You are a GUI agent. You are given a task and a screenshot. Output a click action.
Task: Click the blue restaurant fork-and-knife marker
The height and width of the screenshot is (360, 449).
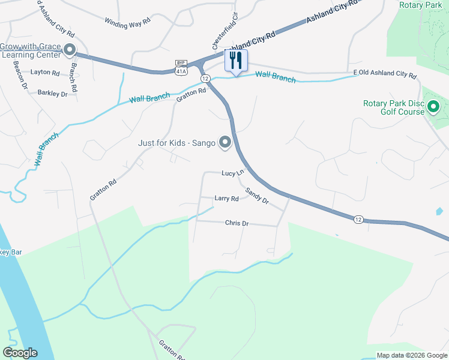point(236,61)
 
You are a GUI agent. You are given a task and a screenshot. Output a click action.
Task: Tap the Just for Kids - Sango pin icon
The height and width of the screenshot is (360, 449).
point(225,142)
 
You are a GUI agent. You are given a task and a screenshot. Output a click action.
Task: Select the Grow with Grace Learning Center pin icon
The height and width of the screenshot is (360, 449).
point(70,50)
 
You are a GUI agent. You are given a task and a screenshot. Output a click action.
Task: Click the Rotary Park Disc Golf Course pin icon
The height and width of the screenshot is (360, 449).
point(433,107)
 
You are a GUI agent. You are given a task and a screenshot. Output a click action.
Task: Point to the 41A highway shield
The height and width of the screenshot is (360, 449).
point(181,70)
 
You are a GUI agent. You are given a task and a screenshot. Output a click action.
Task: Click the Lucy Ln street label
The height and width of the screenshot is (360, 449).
point(233,173)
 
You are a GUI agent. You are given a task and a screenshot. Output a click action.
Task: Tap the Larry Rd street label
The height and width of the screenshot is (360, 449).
point(226,198)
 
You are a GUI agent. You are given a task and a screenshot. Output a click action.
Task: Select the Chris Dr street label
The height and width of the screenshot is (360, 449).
point(237,223)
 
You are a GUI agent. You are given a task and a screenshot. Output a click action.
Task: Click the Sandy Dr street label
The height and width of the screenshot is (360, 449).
point(257,195)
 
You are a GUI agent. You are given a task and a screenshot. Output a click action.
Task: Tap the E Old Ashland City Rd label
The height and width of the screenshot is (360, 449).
point(384,75)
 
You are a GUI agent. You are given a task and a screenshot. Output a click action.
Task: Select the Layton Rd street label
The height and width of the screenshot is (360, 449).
point(46,73)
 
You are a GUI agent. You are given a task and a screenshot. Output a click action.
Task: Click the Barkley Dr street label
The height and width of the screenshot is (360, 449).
point(52,93)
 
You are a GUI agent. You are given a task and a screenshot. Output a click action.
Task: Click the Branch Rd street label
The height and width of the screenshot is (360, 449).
point(74,77)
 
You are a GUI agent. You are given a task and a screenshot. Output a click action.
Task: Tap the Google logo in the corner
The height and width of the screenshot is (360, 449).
point(20,353)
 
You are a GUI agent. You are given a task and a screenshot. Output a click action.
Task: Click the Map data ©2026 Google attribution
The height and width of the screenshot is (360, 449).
point(411,355)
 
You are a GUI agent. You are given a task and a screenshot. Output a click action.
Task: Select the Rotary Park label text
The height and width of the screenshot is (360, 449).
point(420,5)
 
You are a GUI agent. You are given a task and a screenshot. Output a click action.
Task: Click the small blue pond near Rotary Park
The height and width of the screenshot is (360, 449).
point(439,211)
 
